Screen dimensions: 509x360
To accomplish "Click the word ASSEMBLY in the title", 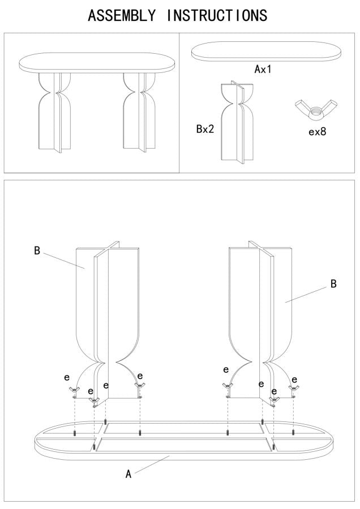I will click(x=122, y=15).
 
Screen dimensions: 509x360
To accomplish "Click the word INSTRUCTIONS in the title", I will click(x=217, y=15).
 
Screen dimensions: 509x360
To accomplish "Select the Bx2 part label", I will click(x=205, y=129).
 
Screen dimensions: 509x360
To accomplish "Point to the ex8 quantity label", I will click(x=318, y=132).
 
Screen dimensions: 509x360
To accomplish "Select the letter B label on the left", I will click(x=37, y=251).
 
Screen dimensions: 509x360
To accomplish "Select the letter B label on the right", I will click(x=333, y=284).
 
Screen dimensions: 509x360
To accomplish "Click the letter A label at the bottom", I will click(x=128, y=475).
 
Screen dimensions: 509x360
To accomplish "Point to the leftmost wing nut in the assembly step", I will click(x=74, y=390).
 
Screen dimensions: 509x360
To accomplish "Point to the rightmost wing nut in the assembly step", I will click(x=293, y=389).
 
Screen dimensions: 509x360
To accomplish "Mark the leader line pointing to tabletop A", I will click(x=153, y=464).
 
